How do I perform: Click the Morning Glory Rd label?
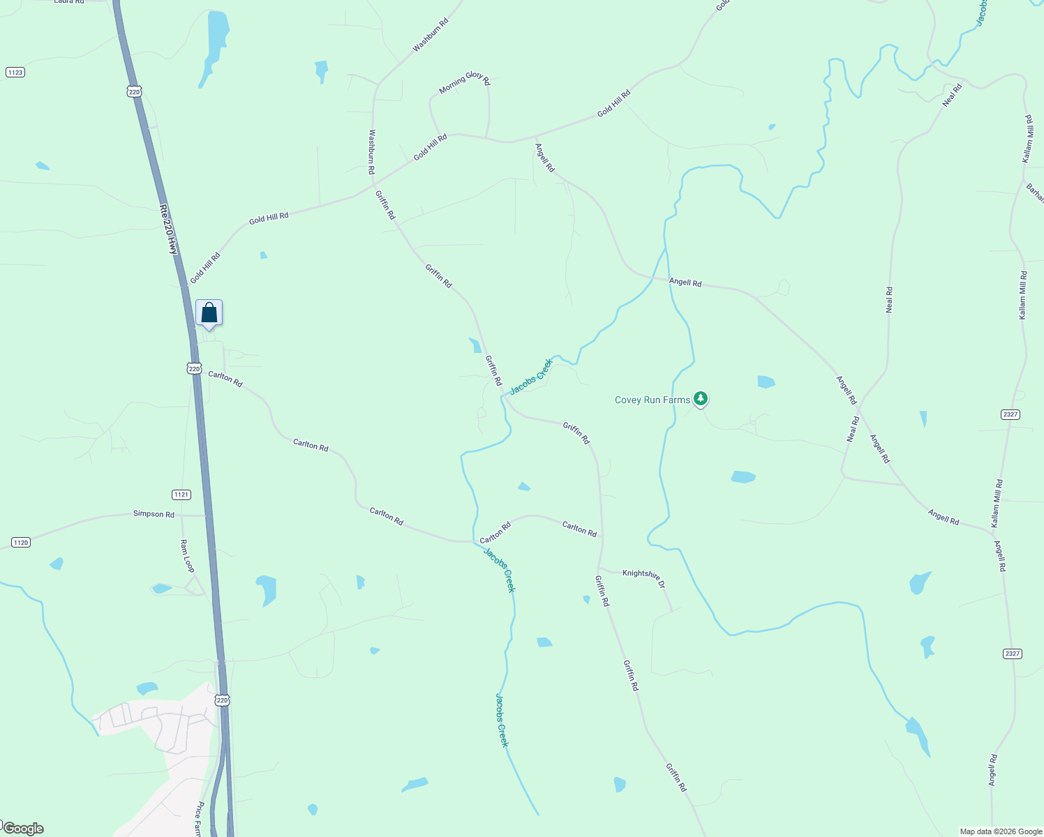coord(465,82)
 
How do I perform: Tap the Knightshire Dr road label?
coord(643,578)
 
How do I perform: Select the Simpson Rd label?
coord(154,514)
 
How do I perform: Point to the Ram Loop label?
coord(187,556)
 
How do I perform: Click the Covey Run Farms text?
coord(652,400)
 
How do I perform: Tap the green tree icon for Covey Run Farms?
coord(701,398)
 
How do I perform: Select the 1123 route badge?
coord(15,72)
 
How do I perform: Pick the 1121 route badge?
coord(181,495)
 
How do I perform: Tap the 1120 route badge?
coord(21,542)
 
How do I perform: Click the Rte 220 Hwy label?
coord(169,229)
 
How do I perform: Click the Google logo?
coord(24,829)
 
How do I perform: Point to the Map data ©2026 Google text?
coord(1001,831)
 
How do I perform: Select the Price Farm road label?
coord(199,818)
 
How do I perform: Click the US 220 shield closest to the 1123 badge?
coord(134,91)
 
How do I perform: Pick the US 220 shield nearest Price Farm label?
coord(222,700)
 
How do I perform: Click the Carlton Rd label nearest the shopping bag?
coord(225,379)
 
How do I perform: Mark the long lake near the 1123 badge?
coord(216,45)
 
